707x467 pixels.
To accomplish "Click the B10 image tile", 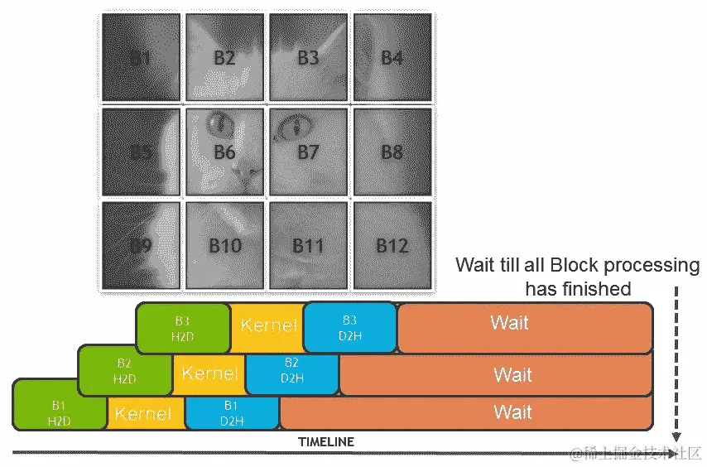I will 225,245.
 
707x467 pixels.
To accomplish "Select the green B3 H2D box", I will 183,326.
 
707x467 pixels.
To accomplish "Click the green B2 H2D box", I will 125,370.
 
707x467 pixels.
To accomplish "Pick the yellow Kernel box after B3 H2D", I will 267,325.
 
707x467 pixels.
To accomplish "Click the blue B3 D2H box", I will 350,326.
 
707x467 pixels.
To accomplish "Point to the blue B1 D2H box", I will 232,412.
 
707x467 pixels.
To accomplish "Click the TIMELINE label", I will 326,442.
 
